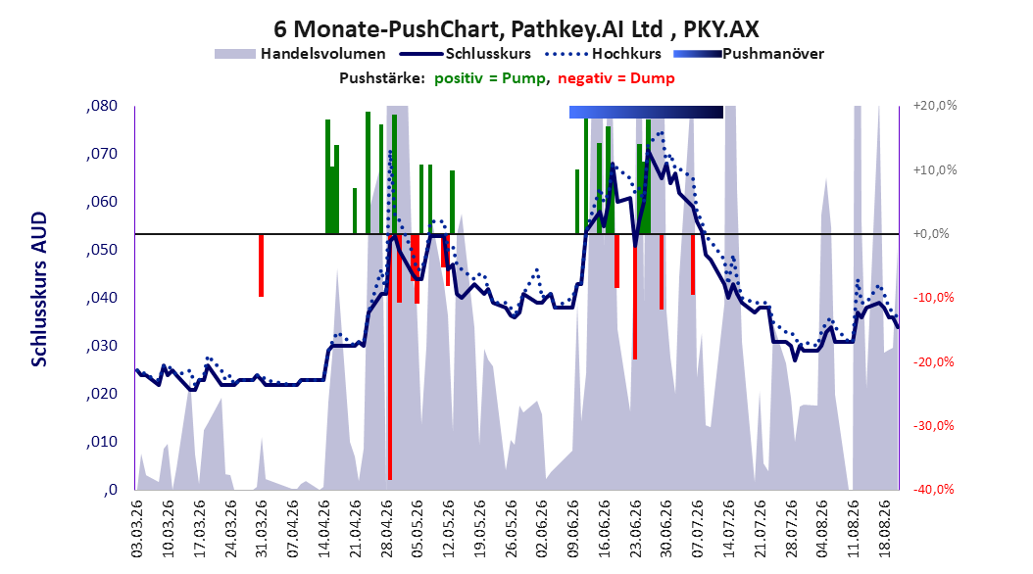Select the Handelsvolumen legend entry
coord(301,54)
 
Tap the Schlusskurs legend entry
coord(466,54)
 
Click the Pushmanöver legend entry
coord(749,54)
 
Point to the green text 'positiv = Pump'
coord(489,78)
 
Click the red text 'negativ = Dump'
coord(616,78)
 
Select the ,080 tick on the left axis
coord(102,106)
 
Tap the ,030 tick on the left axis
coord(102,346)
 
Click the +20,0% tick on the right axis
coord(936,106)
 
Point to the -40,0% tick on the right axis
coord(933,489)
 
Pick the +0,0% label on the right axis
coord(931,234)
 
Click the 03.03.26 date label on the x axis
coord(137,529)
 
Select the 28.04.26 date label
coord(387,529)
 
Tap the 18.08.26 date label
coord(886,529)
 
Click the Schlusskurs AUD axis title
coord(39,289)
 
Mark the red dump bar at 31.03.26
coord(261,265)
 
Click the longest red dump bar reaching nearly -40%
coord(390,357)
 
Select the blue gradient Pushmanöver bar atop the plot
coord(646,112)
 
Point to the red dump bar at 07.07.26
coord(693,264)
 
